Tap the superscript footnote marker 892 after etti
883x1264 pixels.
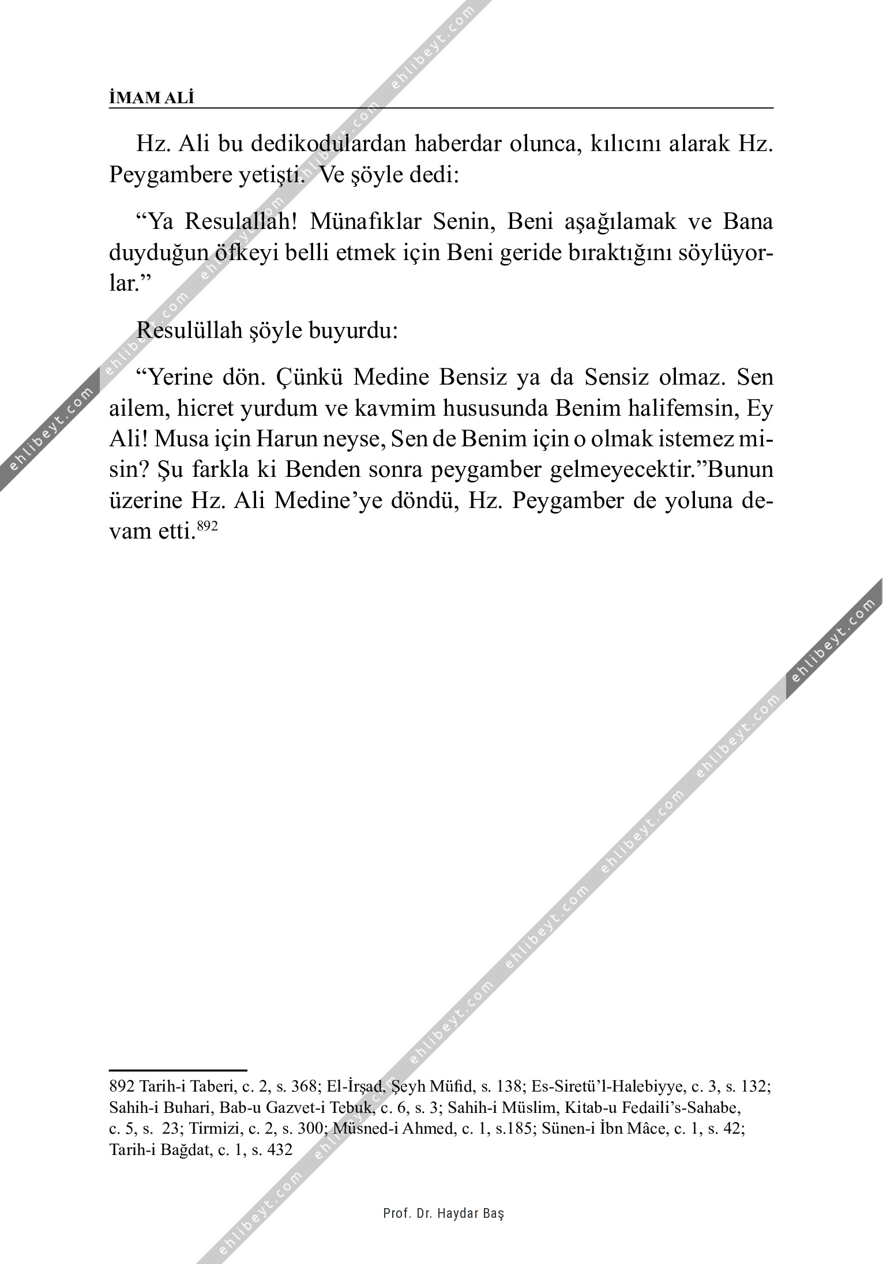(207, 526)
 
